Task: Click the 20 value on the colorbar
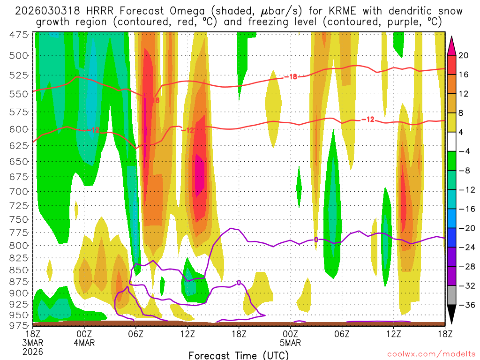(464, 55)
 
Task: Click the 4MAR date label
(84, 343)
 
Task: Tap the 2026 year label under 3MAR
(33, 351)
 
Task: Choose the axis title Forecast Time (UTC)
(239, 355)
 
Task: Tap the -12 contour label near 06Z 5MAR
(368, 120)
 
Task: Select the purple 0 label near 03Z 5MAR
(316, 240)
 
